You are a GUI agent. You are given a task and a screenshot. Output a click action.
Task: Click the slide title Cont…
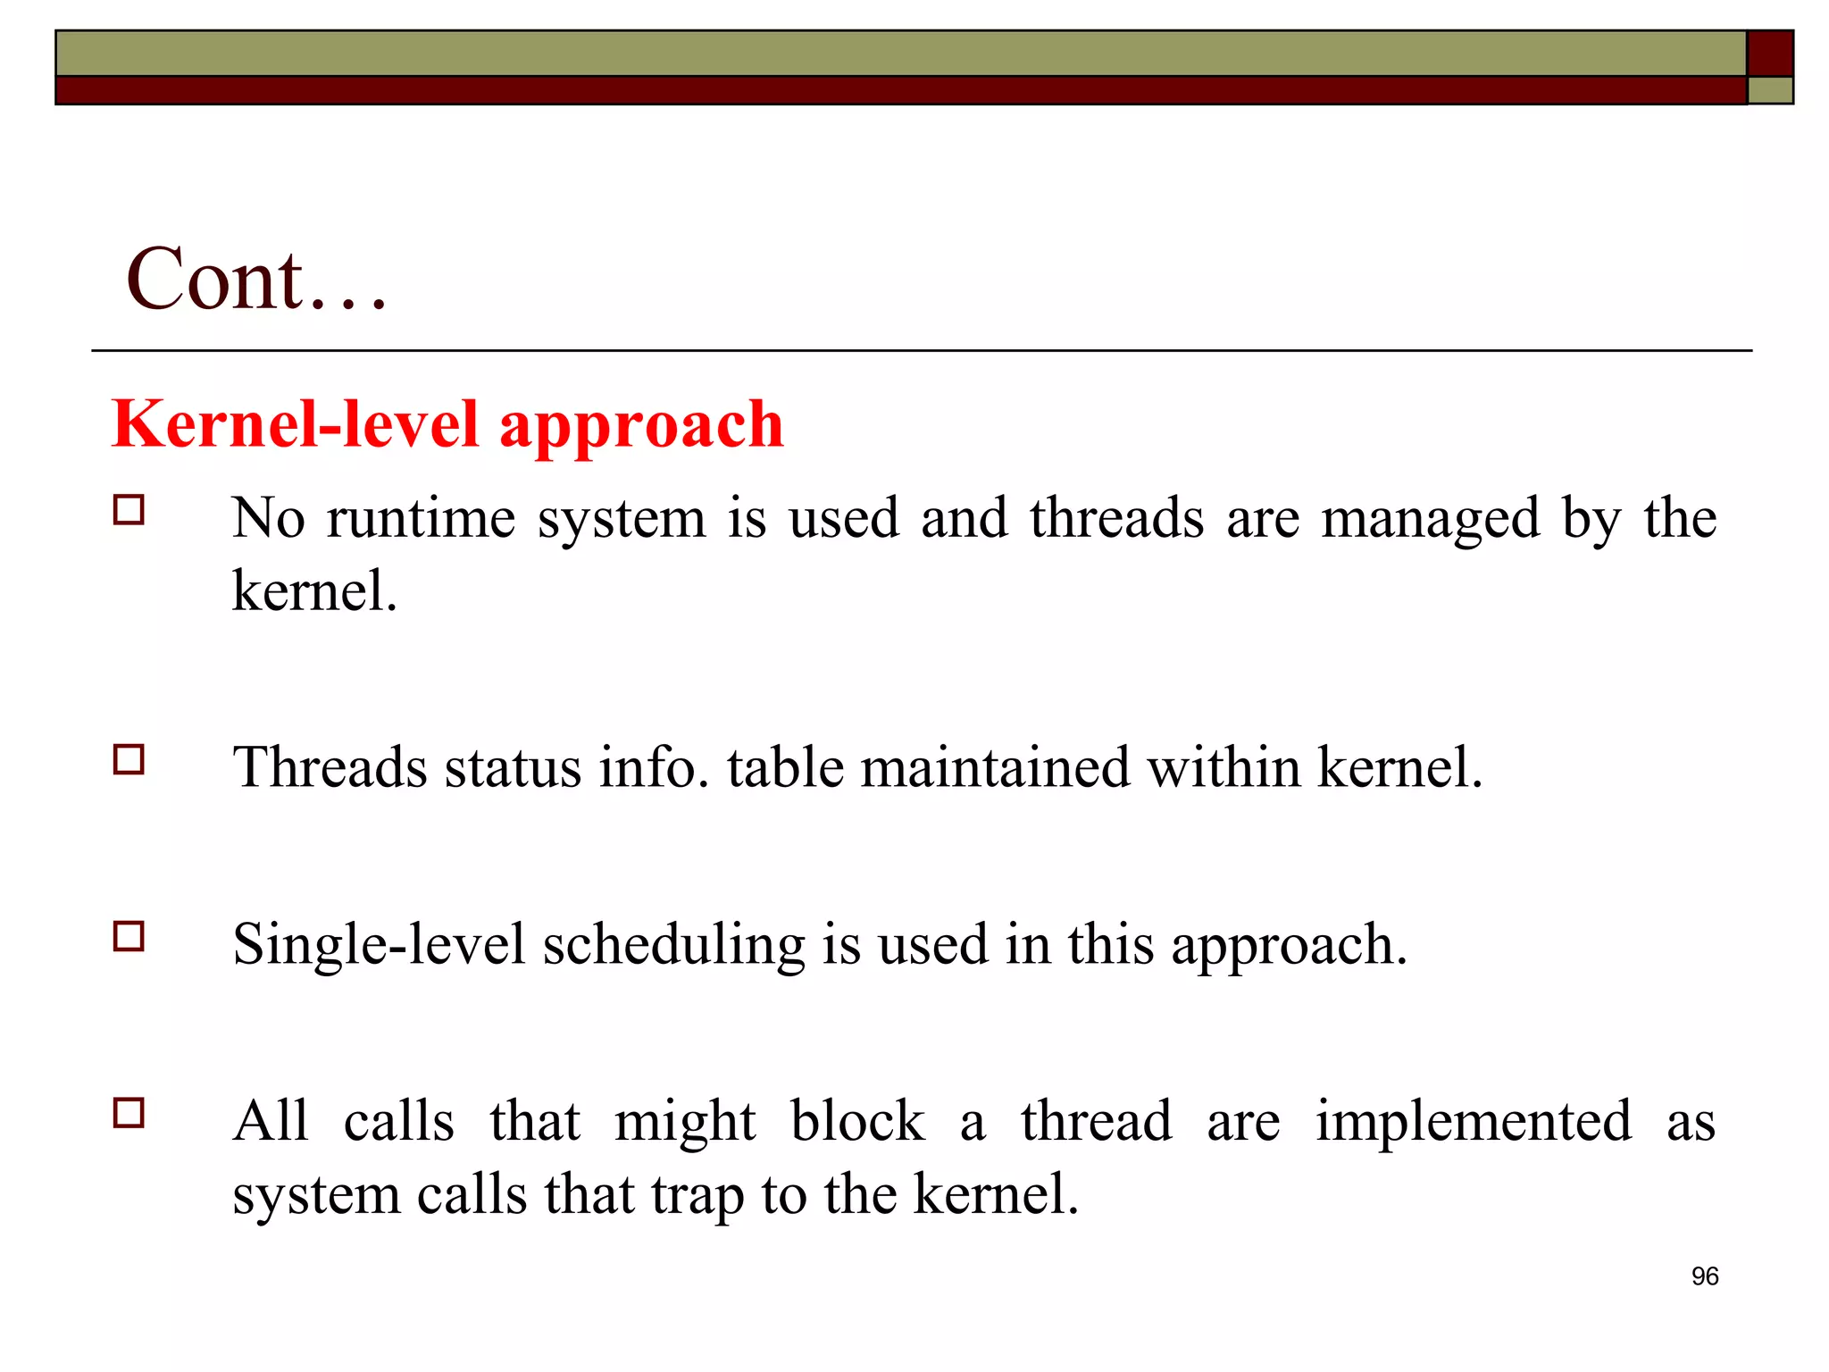[x=257, y=280]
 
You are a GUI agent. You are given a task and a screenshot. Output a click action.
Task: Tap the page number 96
[x=1705, y=1276]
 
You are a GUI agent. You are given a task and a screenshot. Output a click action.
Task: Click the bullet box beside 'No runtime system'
[x=129, y=510]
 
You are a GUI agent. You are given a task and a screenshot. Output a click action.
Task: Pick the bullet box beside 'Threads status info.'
[x=129, y=760]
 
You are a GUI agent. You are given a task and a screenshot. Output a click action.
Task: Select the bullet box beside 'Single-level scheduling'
[x=129, y=937]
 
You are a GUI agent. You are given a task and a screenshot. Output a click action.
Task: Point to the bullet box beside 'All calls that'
[x=129, y=1114]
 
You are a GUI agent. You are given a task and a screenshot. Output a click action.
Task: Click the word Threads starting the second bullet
[x=330, y=767]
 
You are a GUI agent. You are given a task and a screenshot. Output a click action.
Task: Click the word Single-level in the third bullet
[x=379, y=945]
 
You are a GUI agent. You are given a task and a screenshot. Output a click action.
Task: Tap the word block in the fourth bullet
[x=857, y=1121]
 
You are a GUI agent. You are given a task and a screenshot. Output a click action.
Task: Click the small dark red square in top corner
[x=1770, y=54]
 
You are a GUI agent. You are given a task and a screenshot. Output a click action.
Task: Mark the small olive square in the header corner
[x=1770, y=90]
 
